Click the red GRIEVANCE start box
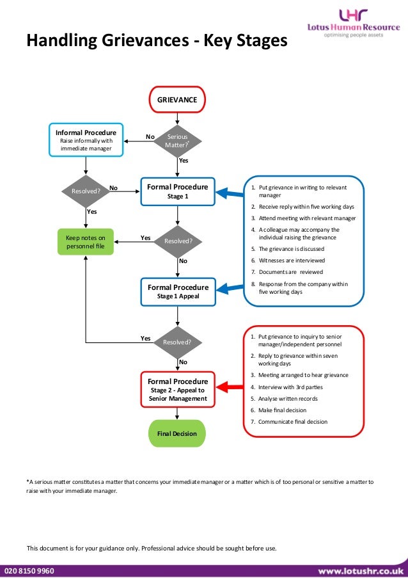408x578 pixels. [177, 100]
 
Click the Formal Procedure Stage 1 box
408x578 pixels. [177, 191]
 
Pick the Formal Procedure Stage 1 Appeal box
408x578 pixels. [177, 292]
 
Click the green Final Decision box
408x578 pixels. [177, 434]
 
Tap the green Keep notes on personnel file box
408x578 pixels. [86, 241]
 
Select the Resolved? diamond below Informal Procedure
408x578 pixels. [86, 191]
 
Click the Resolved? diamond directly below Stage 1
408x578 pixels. [178, 241]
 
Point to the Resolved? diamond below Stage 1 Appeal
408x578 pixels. [177, 342]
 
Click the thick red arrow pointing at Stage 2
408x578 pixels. [230, 387]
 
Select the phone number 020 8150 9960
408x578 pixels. [29, 570]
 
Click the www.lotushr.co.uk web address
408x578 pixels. [360, 570]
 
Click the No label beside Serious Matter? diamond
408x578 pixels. [150, 136]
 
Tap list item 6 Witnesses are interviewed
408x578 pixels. [292, 261]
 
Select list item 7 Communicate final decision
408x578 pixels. [292, 422]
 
